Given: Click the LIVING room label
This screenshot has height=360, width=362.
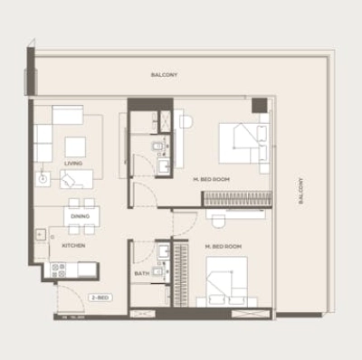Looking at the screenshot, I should tap(73, 164).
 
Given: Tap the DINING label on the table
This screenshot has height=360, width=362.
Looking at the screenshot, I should tap(80, 217).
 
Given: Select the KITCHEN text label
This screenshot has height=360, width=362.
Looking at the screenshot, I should tap(73, 244).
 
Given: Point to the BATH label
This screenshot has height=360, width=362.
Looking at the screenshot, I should tap(142, 272).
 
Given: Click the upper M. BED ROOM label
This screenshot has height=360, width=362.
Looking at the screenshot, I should tap(212, 180).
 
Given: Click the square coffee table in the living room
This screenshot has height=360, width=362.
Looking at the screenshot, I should tap(74, 146).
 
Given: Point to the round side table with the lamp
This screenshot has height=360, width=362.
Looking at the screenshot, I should tap(43, 179).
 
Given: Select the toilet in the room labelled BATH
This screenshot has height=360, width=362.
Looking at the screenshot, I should tap(159, 270).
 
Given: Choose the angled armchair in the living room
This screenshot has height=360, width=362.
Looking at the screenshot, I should tap(77, 179).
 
